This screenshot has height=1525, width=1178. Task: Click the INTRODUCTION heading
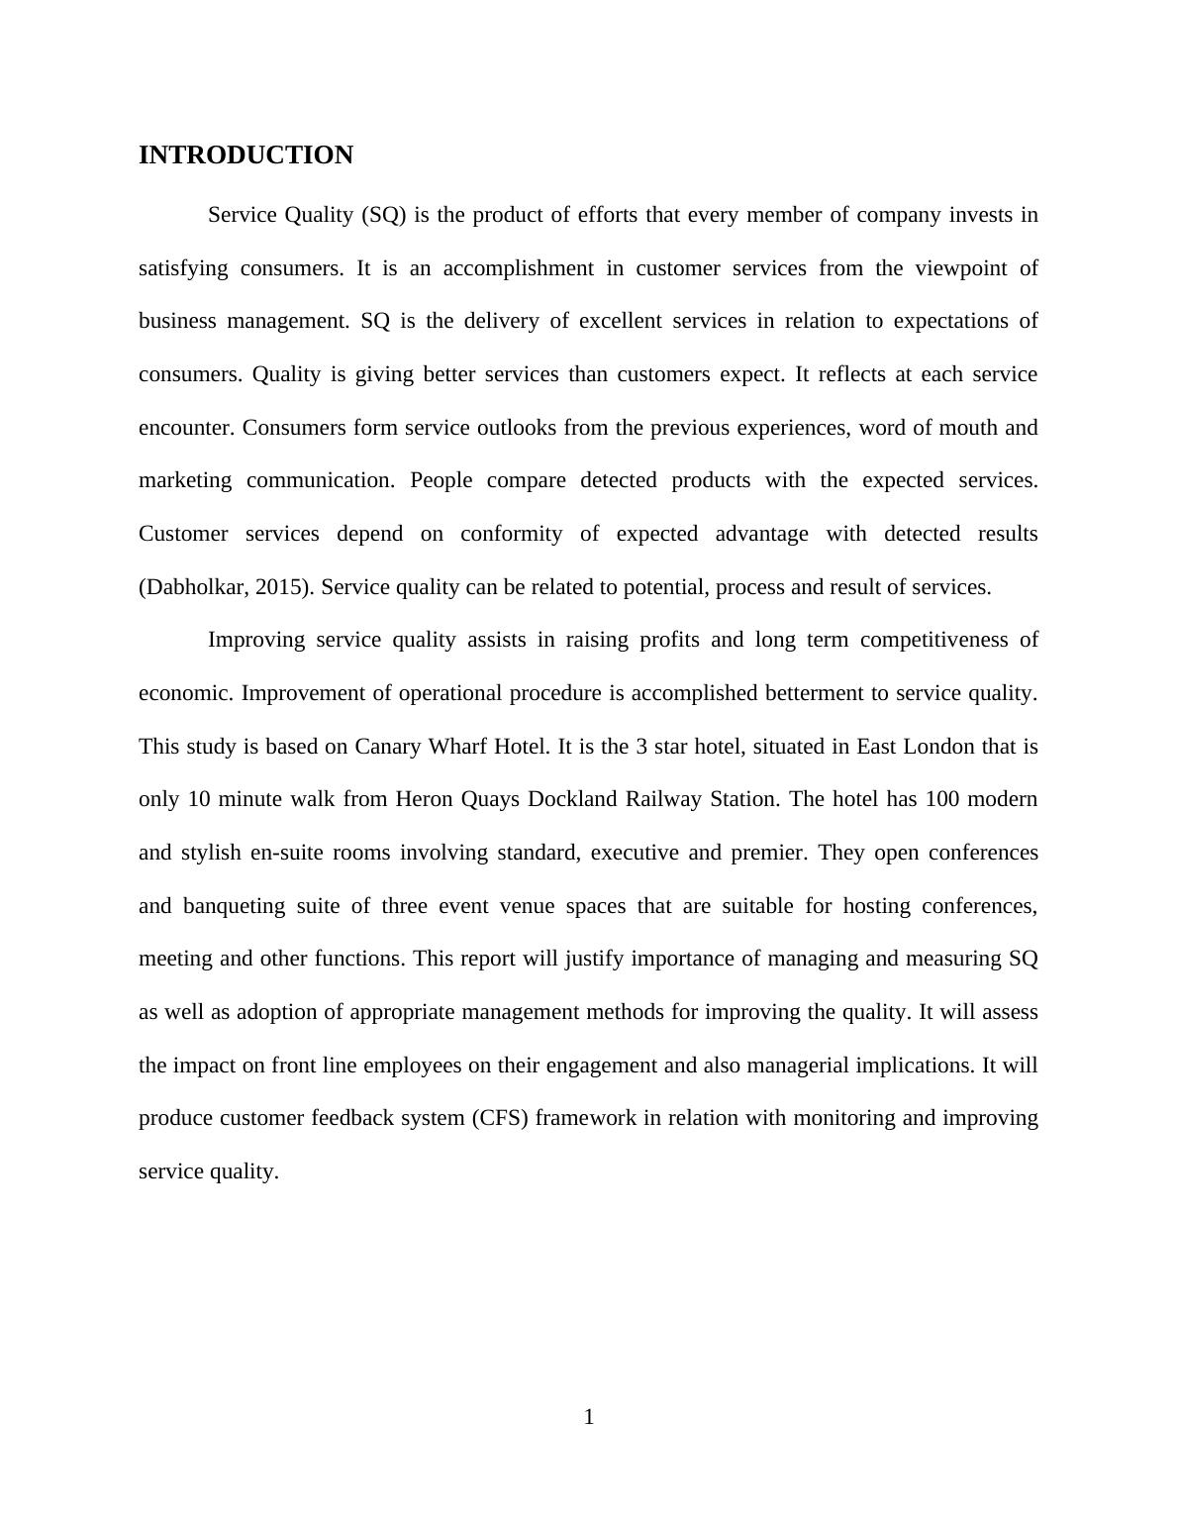[245, 155]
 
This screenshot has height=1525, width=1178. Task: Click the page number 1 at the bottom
[589, 1417]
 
